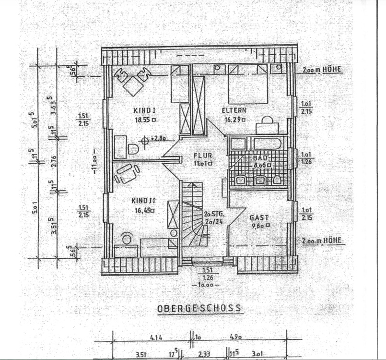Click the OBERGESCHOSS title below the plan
pyautogui.click(x=199, y=308)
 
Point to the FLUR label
pyautogui.click(x=202, y=156)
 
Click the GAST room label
pyautogui.click(x=259, y=217)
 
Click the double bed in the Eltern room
pyautogui.click(x=247, y=84)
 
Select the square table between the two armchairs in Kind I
pyautogui.click(x=132, y=86)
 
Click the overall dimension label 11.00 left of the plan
pyautogui.click(x=95, y=163)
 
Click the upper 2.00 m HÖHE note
pyautogui.click(x=321, y=70)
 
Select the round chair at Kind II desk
pyautogui.click(x=127, y=239)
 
